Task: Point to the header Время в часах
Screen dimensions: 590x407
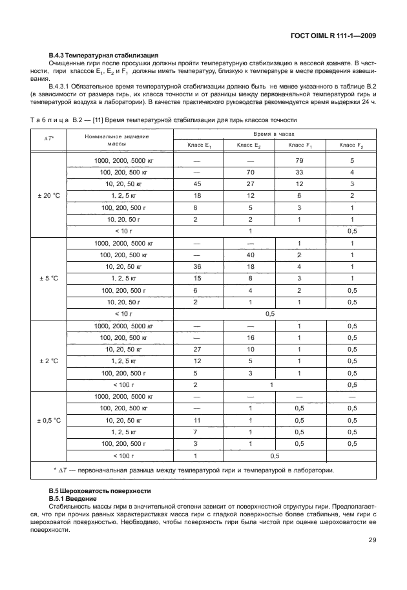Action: coord(275,132)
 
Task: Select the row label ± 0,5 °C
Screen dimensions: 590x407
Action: coord(48,420)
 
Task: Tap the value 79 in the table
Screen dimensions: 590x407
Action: coord(299,160)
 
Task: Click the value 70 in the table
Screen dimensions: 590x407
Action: coord(249,172)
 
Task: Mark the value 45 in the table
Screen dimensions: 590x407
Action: coord(198,184)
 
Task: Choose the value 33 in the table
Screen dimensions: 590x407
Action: coord(299,172)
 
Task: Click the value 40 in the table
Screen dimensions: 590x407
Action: coord(249,255)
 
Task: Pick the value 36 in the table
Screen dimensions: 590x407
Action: coord(198,266)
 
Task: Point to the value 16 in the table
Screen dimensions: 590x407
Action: coord(249,337)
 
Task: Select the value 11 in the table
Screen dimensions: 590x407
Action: coord(198,420)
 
